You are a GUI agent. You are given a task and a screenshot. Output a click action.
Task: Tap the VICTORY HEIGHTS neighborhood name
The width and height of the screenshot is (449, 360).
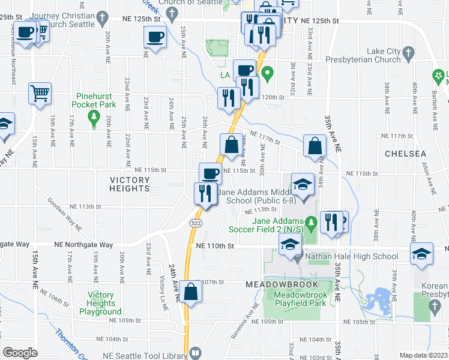tap(130, 184)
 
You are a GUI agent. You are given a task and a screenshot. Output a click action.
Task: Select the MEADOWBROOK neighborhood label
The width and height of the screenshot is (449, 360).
tap(279, 282)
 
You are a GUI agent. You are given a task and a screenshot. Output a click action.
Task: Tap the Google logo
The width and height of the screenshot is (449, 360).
tap(20, 353)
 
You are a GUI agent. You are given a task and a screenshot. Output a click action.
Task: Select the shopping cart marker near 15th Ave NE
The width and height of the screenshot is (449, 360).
tap(40, 93)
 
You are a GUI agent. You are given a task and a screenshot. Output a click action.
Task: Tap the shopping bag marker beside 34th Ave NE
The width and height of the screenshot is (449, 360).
tap(315, 146)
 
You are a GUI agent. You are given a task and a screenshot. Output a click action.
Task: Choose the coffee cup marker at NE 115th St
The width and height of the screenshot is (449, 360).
tap(209, 173)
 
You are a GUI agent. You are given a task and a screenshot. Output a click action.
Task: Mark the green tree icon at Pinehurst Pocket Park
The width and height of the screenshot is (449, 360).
tap(93, 119)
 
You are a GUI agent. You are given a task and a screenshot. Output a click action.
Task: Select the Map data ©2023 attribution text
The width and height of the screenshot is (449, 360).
tap(424, 355)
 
